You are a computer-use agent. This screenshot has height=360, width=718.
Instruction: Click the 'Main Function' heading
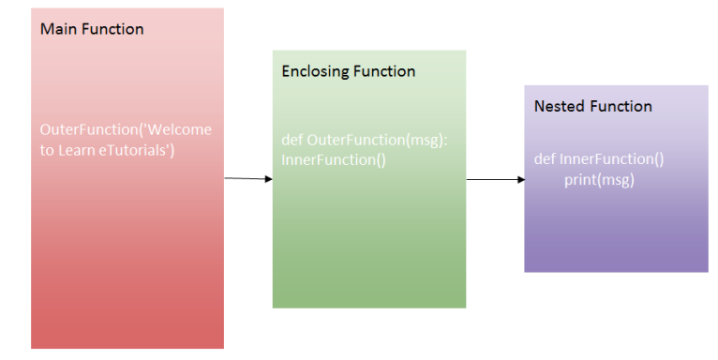pyautogui.click(x=92, y=29)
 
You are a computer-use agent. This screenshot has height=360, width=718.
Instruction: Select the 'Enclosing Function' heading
pyautogui.click(x=349, y=71)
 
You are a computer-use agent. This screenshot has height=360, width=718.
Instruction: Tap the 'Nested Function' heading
pyautogui.click(x=592, y=106)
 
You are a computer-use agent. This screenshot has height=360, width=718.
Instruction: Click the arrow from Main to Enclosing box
pyautogui.click(x=248, y=177)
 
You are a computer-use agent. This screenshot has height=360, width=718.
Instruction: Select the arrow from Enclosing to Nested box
pyautogui.click(x=495, y=178)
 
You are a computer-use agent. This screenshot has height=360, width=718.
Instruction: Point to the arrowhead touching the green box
pyautogui.click(x=268, y=178)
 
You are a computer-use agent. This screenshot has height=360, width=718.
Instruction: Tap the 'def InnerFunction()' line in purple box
pyautogui.click(x=599, y=159)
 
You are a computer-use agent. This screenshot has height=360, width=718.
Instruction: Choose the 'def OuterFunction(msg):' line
pyautogui.click(x=365, y=140)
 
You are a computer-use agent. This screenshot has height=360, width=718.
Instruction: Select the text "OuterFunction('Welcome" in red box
pyautogui.click(x=126, y=129)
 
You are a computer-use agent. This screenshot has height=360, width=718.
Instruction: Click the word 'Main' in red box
pyautogui.click(x=57, y=29)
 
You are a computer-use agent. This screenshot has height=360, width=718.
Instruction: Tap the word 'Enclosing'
pyautogui.click(x=315, y=71)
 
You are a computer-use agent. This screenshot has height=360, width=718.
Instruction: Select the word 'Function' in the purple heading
pyautogui.click(x=621, y=106)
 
